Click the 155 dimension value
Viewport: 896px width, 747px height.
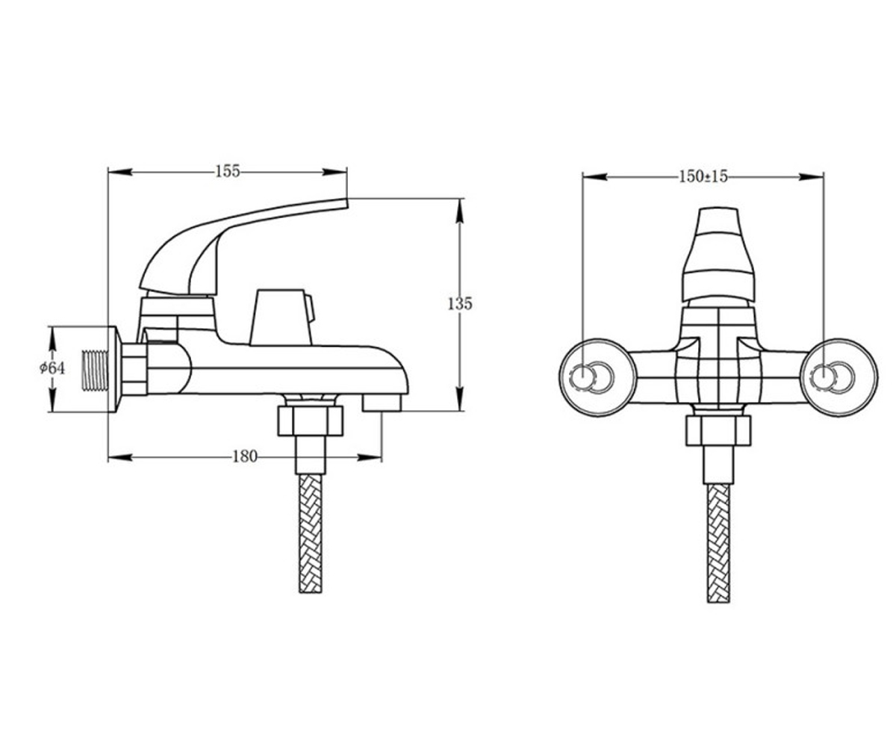pos(228,171)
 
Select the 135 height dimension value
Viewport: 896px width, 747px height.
pos(460,304)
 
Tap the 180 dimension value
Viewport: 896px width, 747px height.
pos(245,456)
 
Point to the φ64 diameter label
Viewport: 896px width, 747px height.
pos(52,368)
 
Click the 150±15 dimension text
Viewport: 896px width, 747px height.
pos(703,176)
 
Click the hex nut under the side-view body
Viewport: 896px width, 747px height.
pos(311,421)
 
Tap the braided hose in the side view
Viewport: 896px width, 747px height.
pos(311,533)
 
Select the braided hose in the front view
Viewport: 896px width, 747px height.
pos(718,543)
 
